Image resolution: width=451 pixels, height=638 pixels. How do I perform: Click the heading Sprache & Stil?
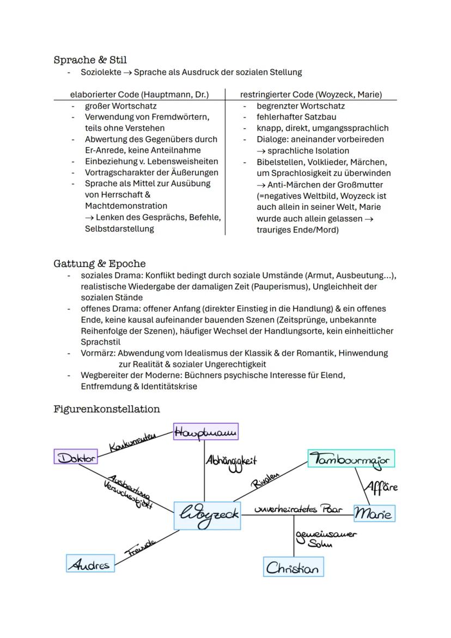tap(90, 59)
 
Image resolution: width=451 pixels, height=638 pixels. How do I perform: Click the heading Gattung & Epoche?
tap(99, 264)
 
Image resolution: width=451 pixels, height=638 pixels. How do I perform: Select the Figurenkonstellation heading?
tap(107, 409)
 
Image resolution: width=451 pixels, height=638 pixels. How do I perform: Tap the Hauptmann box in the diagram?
tap(206, 432)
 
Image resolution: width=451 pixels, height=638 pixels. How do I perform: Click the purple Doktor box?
tap(76, 457)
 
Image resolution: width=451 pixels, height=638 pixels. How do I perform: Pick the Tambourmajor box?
tap(351, 459)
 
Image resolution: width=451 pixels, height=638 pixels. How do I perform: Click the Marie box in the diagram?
tap(374, 513)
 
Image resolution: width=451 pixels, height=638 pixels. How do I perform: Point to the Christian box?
tap(292, 567)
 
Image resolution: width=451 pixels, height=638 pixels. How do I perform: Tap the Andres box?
tap(90, 564)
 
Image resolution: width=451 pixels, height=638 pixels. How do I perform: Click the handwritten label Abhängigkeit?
tap(231, 462)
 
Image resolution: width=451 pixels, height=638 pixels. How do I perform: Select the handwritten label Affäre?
tap(381, 486)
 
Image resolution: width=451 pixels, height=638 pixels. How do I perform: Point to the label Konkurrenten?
tap(133, 442)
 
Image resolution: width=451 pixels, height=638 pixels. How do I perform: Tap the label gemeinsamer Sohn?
tap(325, 538)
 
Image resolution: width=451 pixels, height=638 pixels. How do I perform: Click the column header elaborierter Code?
tap(139, 94)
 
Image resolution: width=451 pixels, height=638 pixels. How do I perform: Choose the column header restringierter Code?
tap(310, 94)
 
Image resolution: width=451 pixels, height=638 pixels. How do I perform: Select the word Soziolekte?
tap(101, 72)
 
